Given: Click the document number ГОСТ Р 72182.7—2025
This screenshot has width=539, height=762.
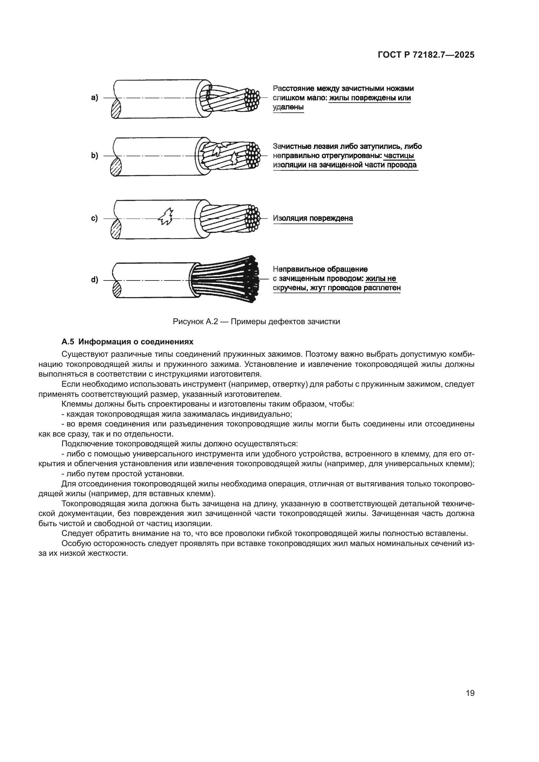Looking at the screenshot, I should coord(426,55).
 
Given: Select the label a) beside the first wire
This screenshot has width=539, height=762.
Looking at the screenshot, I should coord(95,98).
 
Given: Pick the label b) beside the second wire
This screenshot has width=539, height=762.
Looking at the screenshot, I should coord(95,156).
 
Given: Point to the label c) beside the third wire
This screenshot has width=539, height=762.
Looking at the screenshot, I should coord(95,218).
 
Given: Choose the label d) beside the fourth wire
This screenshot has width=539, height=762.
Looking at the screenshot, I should coord(95,280).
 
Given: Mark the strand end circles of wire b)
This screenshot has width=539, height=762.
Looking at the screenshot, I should coord(253,155).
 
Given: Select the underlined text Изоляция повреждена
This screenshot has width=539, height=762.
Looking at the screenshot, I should coord(313,218).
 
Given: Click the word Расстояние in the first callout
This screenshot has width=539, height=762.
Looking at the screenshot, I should coord(293,89).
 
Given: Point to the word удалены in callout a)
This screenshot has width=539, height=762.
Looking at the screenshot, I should coord(288,107).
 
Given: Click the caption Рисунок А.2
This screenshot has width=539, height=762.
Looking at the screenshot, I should coord(195,322).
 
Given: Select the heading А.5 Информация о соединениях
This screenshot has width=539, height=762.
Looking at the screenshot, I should coord(127,341).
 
